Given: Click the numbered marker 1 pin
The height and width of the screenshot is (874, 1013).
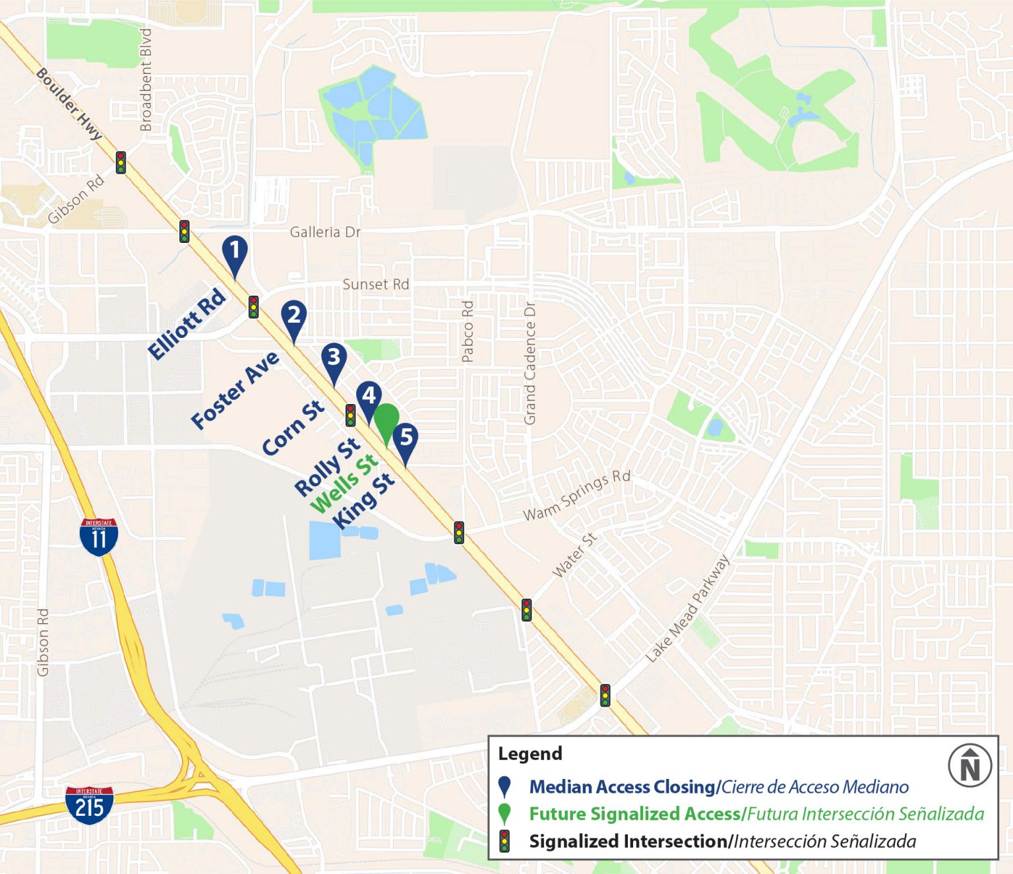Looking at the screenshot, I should coord(235,252).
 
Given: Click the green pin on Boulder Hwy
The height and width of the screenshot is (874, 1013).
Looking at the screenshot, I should coord(386,420).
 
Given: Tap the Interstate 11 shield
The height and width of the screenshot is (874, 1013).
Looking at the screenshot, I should coord(99,537).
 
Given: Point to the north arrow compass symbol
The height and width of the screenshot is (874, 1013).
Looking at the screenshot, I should coord(969,766).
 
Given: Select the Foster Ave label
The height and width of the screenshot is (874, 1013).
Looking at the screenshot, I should coord(235,391).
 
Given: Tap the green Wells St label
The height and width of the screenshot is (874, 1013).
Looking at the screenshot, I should coord(344,483).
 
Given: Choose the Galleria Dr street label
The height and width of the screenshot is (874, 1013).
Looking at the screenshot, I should coord(325,232).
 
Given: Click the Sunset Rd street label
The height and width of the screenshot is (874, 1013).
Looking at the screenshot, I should coord(376,285).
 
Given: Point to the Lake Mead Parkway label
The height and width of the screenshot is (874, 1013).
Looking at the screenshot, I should coord(687,609).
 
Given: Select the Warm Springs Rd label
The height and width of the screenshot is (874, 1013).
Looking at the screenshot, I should coord(576,496).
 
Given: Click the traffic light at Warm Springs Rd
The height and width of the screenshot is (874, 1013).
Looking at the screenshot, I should coord(459,532).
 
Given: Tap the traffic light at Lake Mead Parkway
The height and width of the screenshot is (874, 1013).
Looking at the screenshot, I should coord(605,695).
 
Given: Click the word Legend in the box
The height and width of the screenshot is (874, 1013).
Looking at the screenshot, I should coord(530,754).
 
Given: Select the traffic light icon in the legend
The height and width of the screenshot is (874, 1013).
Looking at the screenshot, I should coord(505,841).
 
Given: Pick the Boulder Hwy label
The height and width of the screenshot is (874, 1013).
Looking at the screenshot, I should coord(69,104).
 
